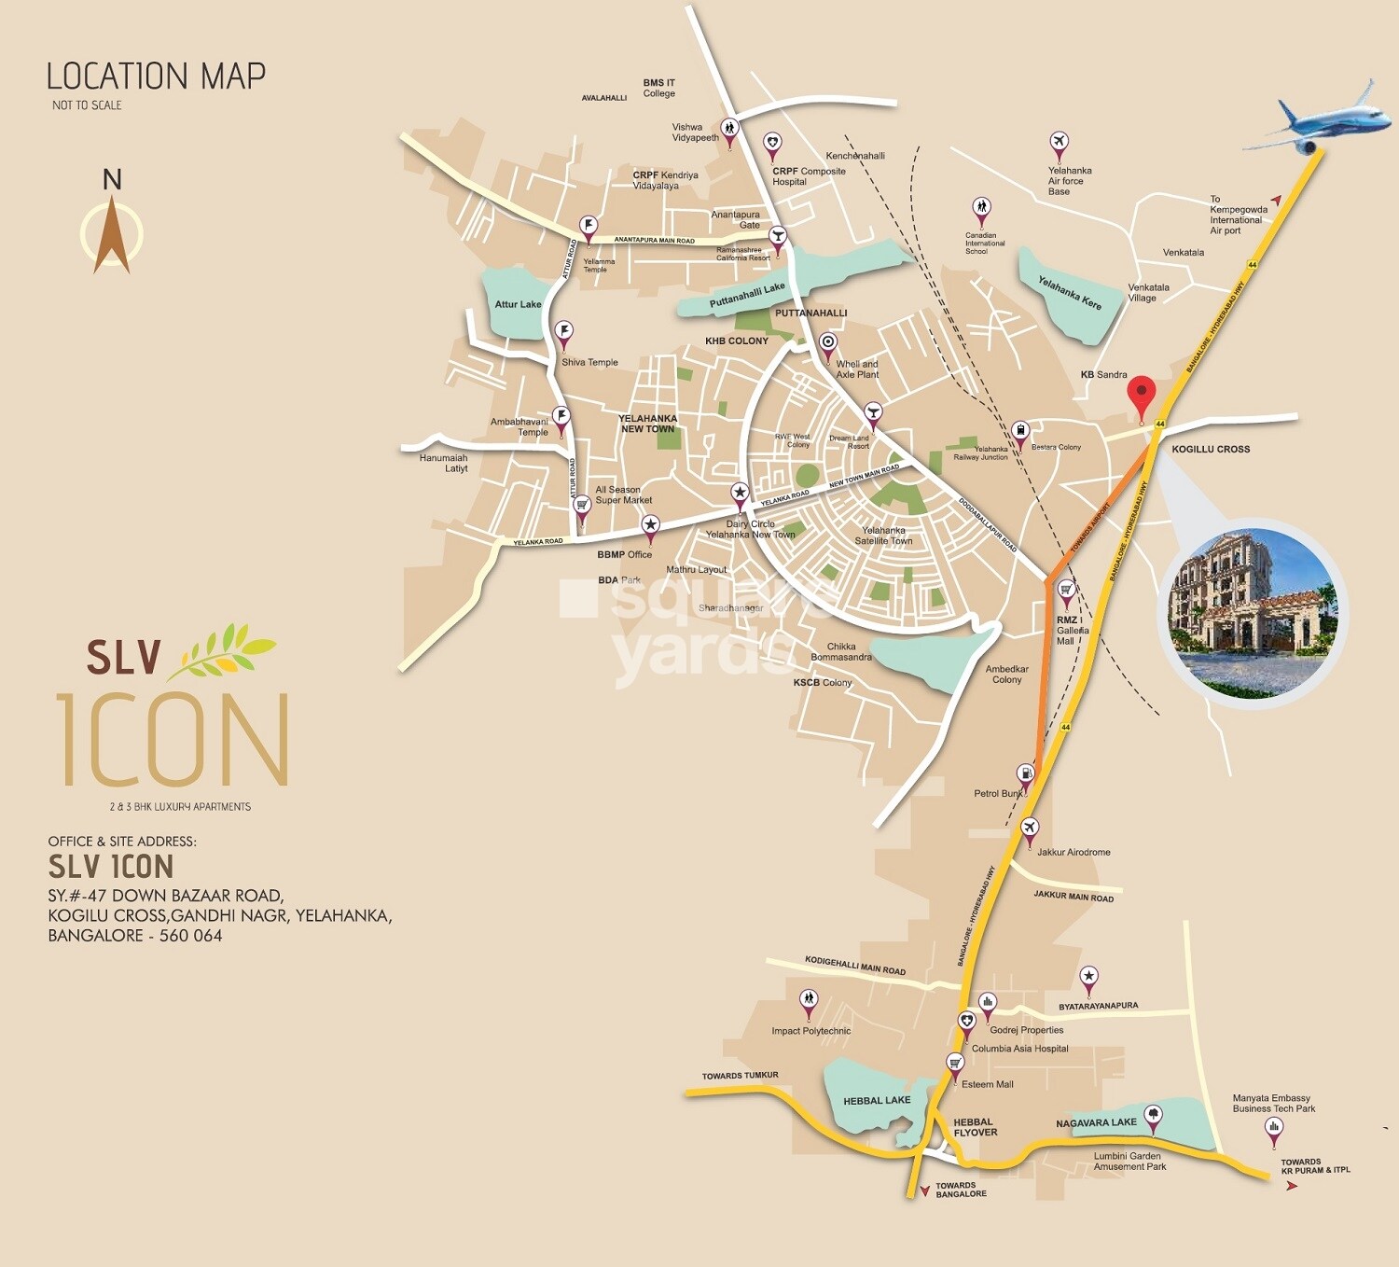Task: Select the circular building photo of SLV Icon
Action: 1252,614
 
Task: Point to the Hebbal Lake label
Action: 876,1101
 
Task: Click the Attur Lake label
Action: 518,304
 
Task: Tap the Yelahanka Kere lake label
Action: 1069,293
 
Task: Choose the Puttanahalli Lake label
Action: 747,296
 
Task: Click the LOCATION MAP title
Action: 156,77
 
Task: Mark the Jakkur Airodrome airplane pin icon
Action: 1029,828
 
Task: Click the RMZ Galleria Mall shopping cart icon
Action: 1066,590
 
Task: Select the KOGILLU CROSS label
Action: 1210,449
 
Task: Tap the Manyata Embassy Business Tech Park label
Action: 1273,1104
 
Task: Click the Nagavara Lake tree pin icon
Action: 1153,1116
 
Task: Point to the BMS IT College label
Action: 658,88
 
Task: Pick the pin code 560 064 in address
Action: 190,936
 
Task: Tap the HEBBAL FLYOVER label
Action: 975,1127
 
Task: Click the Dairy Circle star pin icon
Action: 740,494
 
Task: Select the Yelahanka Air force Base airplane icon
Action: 1058,143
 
